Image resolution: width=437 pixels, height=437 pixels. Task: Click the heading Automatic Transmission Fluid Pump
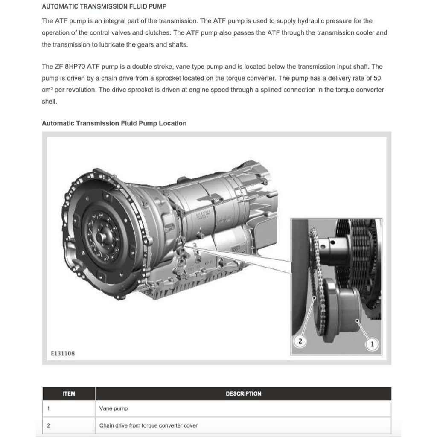point(104,6)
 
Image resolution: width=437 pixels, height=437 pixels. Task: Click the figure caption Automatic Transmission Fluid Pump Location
point(114,123)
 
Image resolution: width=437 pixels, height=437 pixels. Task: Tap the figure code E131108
point(63,354)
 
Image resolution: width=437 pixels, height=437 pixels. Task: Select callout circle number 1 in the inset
point(372,344)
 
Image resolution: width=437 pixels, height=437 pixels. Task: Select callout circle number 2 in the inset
point(300,341)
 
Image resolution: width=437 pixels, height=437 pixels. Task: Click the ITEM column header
point(69,393)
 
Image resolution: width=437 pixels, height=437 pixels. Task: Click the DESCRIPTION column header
point(243,393)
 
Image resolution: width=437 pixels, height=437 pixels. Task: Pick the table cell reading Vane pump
point(114,408)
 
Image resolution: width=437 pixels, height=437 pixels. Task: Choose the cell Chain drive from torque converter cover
point(149,425)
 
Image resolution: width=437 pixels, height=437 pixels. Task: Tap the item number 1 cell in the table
point(48,408)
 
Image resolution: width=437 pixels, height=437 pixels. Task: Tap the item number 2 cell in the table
point(48,425)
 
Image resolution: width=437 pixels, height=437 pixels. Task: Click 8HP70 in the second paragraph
point(75,67)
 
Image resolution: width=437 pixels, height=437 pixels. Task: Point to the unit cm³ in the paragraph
point(48,90)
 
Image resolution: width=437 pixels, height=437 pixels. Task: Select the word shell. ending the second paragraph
point(49,102)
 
